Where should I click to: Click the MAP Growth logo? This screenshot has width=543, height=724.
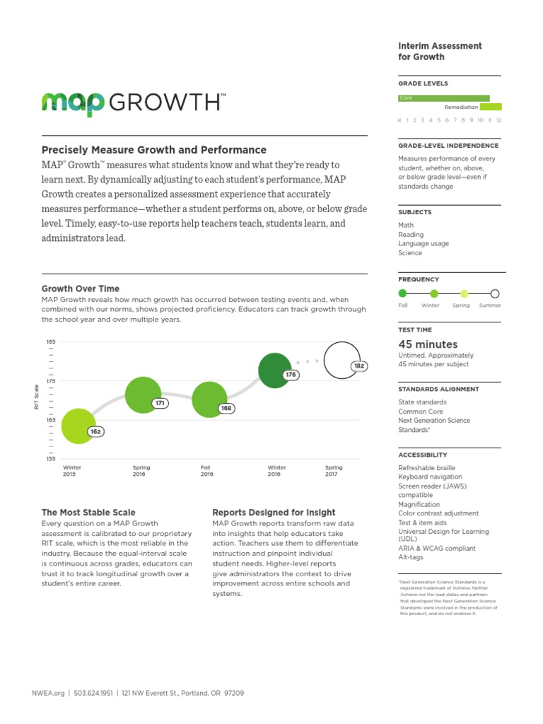[134, 103]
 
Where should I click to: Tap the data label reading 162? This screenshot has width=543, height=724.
[96, 431]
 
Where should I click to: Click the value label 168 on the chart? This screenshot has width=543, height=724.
[226, 408]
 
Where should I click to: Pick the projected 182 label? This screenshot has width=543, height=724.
[359, 366]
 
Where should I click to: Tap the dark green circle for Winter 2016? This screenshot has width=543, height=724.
[275, 370]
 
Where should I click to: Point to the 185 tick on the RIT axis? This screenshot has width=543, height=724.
[51, 342]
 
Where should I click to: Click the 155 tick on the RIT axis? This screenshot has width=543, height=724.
[51, 459]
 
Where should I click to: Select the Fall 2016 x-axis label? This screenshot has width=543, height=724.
[207, 471]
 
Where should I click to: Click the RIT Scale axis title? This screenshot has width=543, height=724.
[37, 397]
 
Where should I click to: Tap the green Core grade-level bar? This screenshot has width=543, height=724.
[444, 98]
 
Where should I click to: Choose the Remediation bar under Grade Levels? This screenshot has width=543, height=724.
[491, 107]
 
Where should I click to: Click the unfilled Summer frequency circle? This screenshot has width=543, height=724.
[495, 293]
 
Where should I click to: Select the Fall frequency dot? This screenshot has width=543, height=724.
[403, 293]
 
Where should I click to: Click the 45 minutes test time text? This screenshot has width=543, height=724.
[428, 344]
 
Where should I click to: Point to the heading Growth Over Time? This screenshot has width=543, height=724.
[81, 288]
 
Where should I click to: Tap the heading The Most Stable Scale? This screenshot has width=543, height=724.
[88, 512]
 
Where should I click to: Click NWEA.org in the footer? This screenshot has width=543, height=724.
[48, 693]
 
